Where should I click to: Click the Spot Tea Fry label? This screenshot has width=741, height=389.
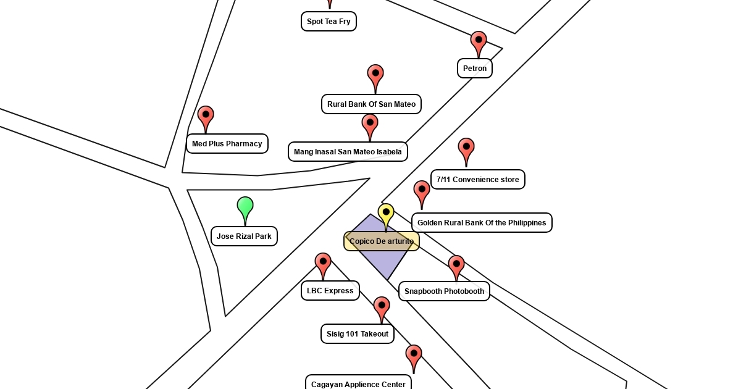tap(329, 22)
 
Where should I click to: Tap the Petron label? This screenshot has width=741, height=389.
tap(475, 69)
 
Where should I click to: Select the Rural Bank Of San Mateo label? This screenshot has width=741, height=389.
tap(371, 104)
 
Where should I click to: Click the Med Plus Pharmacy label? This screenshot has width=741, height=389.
tap(227, 144)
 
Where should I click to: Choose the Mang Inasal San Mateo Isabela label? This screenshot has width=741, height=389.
tap(348, 152)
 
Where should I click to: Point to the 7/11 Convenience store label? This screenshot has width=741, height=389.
tap(478, 180)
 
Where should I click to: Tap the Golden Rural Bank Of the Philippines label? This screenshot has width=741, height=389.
tap(482, 223)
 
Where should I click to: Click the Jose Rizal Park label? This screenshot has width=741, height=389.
tap(244, 236)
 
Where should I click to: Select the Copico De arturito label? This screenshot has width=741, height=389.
tap(382, 241)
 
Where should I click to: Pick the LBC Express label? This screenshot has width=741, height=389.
tap(330, 291)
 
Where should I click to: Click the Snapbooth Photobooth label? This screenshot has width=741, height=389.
tap(444, 291)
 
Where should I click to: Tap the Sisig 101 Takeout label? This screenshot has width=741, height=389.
tap(358, 334)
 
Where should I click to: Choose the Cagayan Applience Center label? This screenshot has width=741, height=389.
tap(358, 384)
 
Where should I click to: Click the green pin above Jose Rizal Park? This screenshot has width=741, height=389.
tap(245, 207)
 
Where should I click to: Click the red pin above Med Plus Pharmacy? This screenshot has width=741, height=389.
tap(206, 117)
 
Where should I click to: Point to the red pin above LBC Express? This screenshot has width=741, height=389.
tap(323, 264)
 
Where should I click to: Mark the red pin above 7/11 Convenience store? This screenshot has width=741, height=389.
tap(466, 149)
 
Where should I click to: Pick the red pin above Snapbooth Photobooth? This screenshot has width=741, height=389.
tap(456, 266)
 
